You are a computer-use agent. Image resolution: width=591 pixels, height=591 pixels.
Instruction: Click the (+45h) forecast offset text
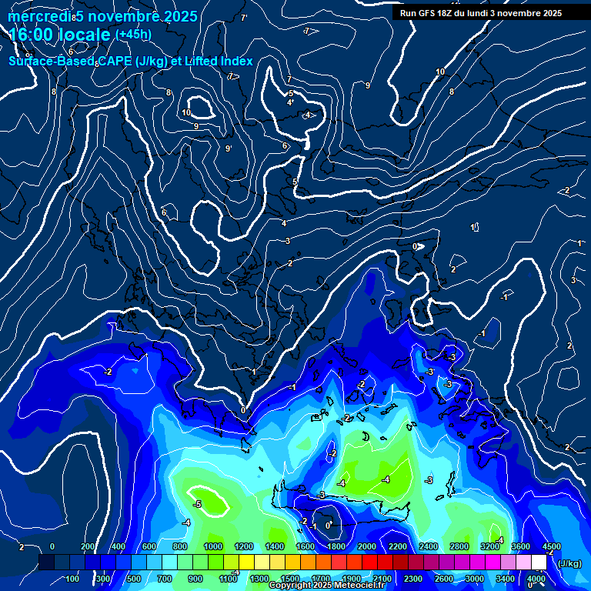pyautogui.click(x=133, y=35)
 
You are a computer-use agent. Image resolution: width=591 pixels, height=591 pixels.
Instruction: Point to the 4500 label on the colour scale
pyautogui.click(x=551, y=546)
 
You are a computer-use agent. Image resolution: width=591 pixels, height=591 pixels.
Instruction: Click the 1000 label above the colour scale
pyautogui.click(x=213, y=546)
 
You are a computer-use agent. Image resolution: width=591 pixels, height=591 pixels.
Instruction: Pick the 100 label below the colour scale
pyautogui.click(x=72, y=579)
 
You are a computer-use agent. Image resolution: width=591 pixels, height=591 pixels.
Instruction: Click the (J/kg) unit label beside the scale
pyautogui.click(x=569, y=563)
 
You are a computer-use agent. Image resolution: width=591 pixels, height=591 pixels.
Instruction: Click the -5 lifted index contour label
pyautogui.click(x=197, y=504)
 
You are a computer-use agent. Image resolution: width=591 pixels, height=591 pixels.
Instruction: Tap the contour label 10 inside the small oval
pyautogui.click(x=186, y=112)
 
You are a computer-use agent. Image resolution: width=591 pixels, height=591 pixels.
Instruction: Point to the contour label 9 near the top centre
pyautogui.click(x=368, y=85)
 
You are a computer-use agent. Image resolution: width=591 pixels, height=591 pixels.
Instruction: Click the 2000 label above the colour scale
pyautogui.click(x=367, y=546)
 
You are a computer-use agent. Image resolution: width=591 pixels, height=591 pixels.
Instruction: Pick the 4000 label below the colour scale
pyautogui.click(x=536, y=579)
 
